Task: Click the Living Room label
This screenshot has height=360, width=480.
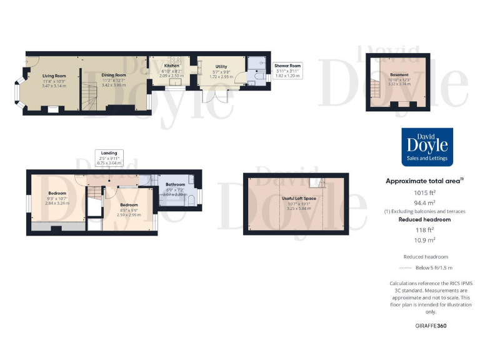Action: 54,76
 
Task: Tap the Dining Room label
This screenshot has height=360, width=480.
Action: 114,75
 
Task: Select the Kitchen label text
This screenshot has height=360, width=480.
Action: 171,66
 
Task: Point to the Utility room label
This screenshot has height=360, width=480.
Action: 221,66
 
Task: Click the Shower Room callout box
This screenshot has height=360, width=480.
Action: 287,69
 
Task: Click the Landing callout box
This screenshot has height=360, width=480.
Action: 109,156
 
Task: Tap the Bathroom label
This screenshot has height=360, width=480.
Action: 175,184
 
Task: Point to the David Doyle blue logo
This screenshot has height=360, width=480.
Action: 427,146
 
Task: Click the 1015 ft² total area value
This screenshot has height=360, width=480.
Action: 427,193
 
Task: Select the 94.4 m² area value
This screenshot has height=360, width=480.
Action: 427,203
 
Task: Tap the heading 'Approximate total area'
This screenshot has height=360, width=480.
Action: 426,181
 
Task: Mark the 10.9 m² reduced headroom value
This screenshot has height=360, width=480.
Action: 427,240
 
